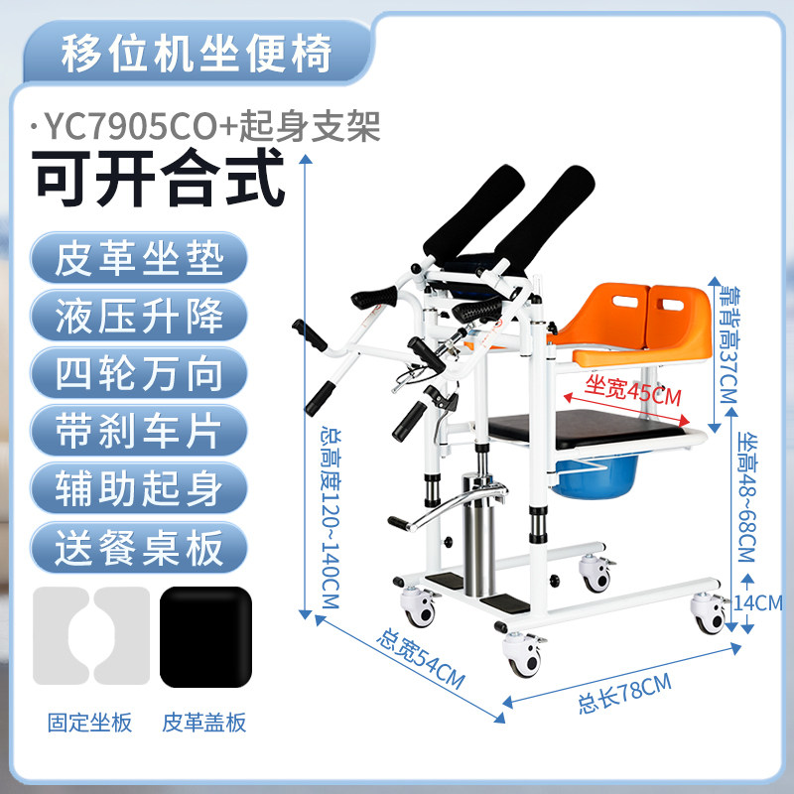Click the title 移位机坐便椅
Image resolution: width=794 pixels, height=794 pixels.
point(197,54)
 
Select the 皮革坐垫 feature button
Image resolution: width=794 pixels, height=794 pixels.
point(139,258)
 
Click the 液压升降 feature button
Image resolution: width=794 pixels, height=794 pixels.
point(139,316)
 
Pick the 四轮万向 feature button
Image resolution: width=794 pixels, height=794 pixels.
point(139,373)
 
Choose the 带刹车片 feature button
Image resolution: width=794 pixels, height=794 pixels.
point(139,431)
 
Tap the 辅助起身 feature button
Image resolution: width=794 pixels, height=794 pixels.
point(139,488)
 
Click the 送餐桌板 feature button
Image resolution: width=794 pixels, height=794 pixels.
point(139,547)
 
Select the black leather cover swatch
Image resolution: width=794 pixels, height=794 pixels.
point(205,636)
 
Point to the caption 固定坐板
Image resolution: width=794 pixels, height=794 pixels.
point(89,723)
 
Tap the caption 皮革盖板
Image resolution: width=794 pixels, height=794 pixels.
point(204,723)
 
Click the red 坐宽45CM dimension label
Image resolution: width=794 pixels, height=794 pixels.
point(632,391)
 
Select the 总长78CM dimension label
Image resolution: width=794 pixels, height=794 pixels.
point(625,693)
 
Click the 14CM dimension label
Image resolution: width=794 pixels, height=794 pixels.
point(758,602)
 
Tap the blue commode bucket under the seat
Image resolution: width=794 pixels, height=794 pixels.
point(595,475)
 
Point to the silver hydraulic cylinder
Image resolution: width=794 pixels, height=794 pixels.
point(477,537)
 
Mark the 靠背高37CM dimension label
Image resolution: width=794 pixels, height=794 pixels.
point(729,344)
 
